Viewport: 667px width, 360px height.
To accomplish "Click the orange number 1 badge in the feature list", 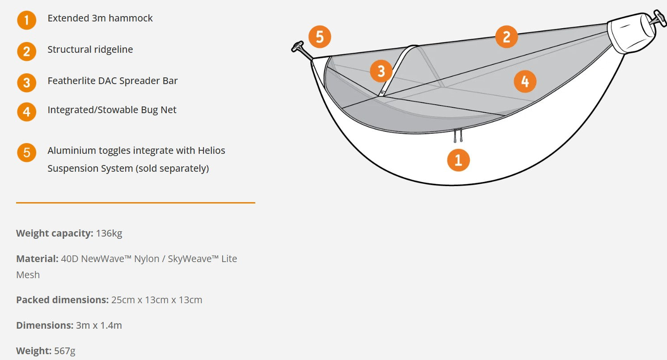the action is click(26, 20).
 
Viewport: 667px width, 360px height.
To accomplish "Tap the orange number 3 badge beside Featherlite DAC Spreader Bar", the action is click(26, 83).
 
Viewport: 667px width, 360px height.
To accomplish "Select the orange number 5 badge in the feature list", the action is click(26, 152).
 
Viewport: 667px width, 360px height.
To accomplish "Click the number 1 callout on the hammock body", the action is click(458, 160).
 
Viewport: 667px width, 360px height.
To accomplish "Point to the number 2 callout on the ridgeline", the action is click(507, 37).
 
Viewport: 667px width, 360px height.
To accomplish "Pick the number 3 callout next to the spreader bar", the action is click(381, 71).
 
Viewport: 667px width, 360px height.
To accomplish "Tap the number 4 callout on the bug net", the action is click(525, 81).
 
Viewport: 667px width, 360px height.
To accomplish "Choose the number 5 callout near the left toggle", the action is click(320, 37).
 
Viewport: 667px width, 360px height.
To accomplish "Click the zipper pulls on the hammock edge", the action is click(458, 136).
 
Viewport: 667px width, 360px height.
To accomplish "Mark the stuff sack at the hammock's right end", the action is click(631, 33).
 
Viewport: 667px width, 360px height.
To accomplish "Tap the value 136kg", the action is click(109, 233).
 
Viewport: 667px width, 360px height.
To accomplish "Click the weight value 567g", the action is click(65, 351).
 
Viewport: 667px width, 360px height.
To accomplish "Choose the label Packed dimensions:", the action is click(63, 300).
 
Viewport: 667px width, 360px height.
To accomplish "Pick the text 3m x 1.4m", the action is click(99, 326).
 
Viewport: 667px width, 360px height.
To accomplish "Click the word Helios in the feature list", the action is click(211, 151).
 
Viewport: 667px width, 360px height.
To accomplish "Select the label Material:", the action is click(37, 259).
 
